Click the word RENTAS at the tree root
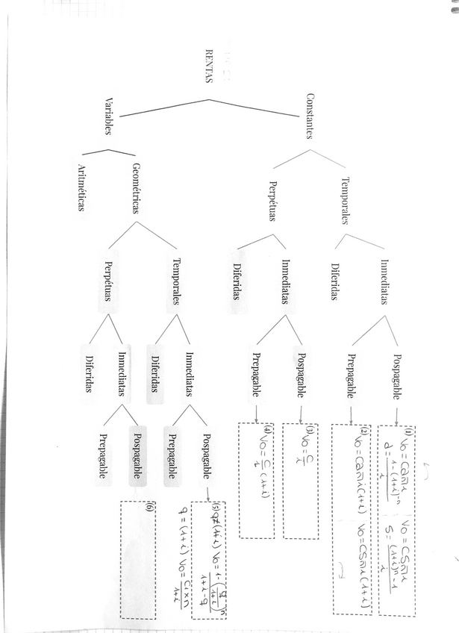click(x=208, y=68)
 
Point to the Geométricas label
click(x=137, y=189)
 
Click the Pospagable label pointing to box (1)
click(x=396, y=377)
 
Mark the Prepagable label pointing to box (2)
click(x=350, y=377)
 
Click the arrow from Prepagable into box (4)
click(x=257, y=414)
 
